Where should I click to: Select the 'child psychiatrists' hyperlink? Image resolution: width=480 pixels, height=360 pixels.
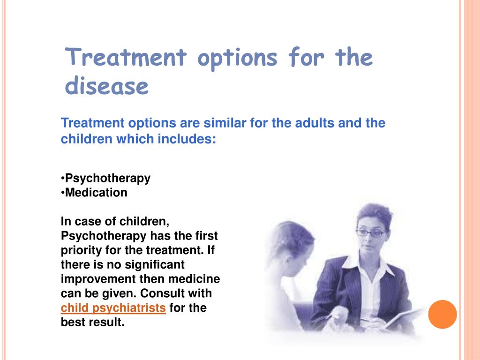click(113, 308)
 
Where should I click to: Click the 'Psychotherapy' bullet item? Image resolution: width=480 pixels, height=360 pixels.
click(107, 178)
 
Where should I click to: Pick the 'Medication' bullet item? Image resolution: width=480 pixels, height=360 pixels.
click(96, 193)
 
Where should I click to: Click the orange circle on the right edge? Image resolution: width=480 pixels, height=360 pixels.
click(442, 314)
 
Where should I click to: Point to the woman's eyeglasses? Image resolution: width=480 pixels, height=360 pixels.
click(370, 232)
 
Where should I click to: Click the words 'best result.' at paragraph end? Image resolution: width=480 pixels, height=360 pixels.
click(93, 323)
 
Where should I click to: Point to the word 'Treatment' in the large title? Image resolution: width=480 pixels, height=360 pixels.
click(126, 58)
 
